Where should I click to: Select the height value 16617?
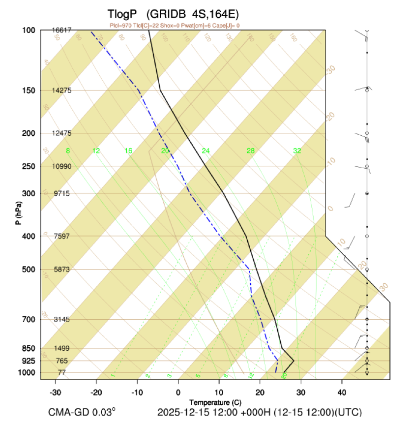pyautogui.click(x=62, y=30)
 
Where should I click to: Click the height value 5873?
pyautogui.click(x=62, y=270)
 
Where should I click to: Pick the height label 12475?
pyautogui.click(x=62, y=133)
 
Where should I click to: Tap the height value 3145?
pyautogui.click(x=62, y=320)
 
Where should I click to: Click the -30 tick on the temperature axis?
pyautogui.click(x=56, y=392)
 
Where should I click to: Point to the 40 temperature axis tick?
pyautogui.click(x=342, y=392)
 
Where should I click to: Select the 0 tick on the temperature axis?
pyautogui.click(x=178, y=392)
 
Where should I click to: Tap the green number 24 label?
pyautogui.click(x=205, y=151)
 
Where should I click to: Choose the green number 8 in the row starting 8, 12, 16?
pyautogui.click(x=68, y=151)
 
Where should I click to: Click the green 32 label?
pyautogui.click(x=297, y=151)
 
